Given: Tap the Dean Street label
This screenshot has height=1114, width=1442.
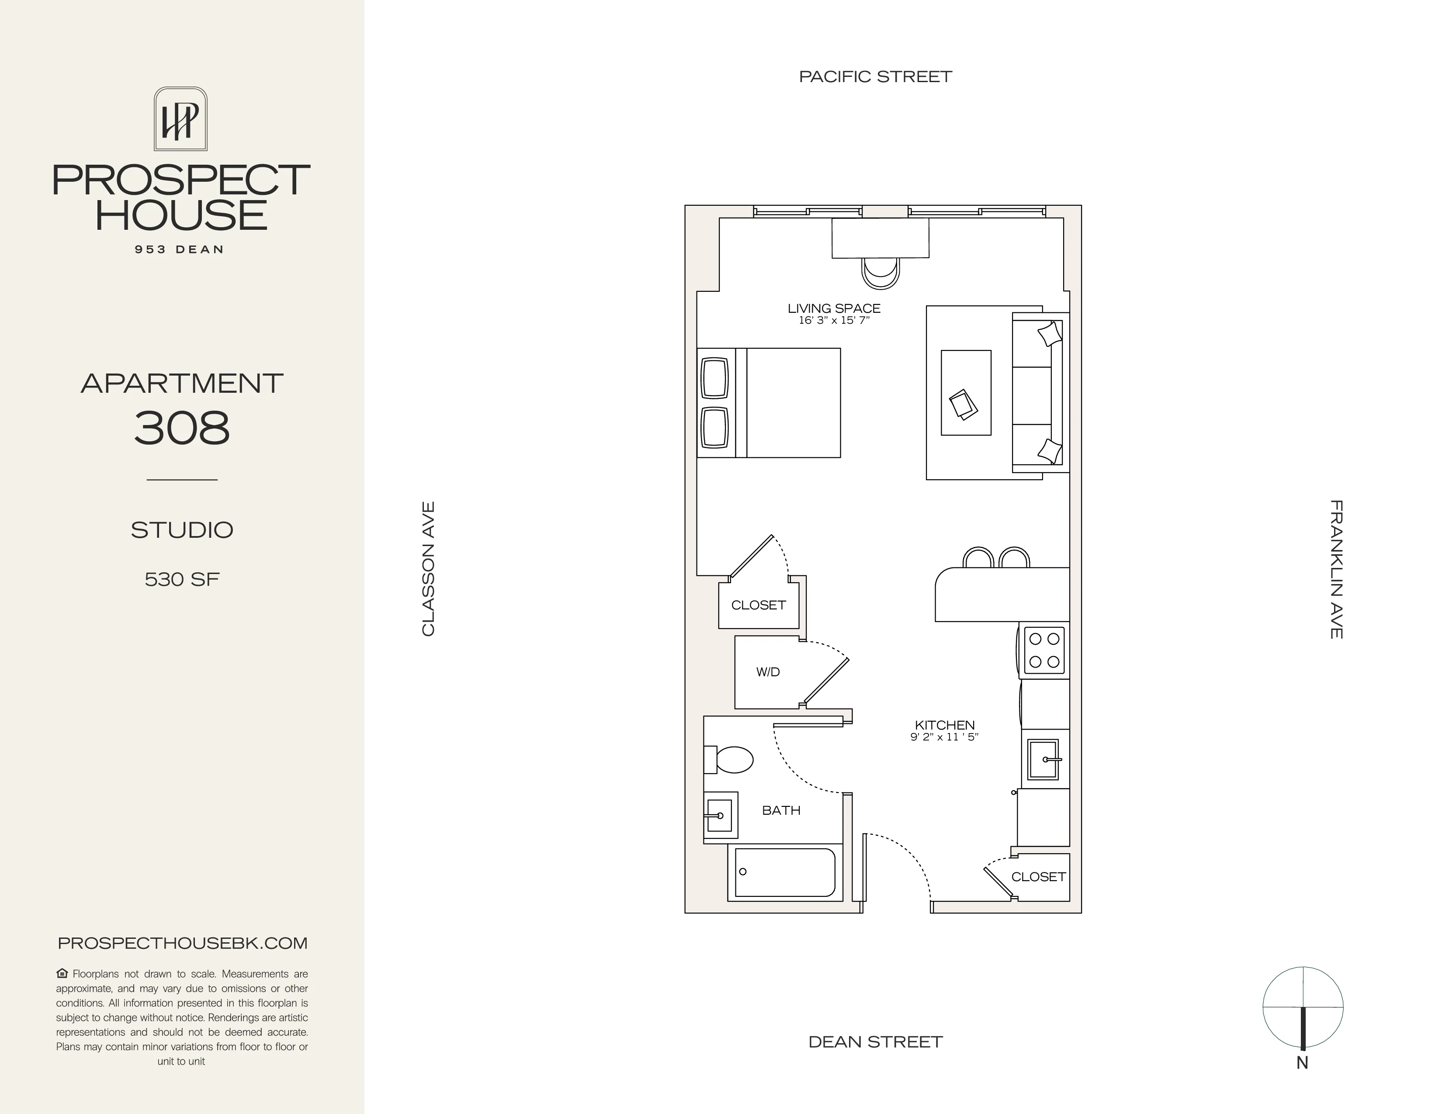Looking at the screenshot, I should pos(876,1041).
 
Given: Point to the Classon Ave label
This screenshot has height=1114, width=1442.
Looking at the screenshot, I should pos(429,569).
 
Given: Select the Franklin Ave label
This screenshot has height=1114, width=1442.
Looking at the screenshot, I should pos(1336,569).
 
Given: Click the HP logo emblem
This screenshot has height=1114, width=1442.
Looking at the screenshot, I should pos(180,119).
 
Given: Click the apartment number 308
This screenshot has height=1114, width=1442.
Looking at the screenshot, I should pos(182,428).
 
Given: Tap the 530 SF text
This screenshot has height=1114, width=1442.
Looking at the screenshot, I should pos(182,579).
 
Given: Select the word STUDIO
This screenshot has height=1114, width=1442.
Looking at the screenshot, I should pos(182,530).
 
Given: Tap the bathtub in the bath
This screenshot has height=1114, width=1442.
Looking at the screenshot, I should pos(784,872).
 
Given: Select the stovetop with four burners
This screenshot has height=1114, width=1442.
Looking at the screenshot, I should pos(1044,650).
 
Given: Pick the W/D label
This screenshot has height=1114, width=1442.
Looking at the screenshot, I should pos(768,672).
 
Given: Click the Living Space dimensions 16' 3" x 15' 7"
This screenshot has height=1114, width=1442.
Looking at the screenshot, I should pos(834,321).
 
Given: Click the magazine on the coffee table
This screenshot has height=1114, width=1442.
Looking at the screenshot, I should pos(964,404).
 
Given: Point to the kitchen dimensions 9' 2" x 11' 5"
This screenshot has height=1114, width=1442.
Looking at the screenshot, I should pos(944,737).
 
